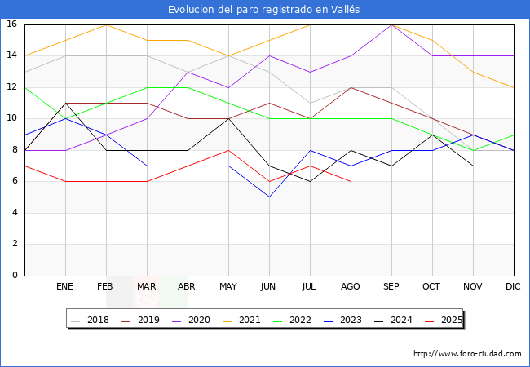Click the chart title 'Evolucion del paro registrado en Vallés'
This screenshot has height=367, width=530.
click(x=264, y=10)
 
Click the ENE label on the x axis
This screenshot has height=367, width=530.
click(x=65, y=287)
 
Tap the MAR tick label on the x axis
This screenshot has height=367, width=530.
click(x=147, y=287)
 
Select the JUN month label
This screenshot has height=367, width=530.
click(x=269, y=287)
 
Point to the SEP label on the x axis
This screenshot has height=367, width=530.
click(x=391, y=287)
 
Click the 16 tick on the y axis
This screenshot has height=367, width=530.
click(x=12, y=24)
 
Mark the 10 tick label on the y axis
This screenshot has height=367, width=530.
click(x=12, y=118)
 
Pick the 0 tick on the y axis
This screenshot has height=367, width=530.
click(x=15, y=275)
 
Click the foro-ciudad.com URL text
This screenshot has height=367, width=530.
click(x=467, y=354)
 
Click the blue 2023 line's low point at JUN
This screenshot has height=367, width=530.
click(x=269, y=197)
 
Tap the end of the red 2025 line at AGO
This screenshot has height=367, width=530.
click(x=351, y=181)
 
